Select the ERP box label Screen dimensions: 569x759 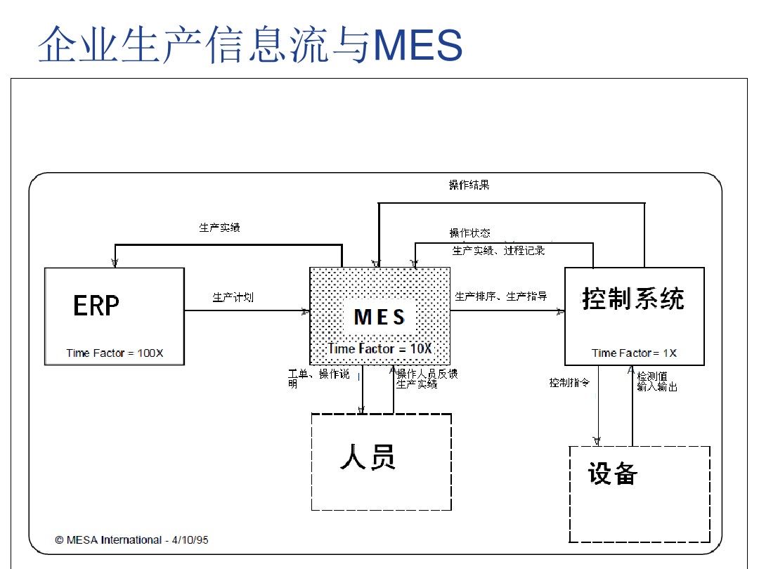tap(96, 306)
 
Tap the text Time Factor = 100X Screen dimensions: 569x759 tap(115, 353)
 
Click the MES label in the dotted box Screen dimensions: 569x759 tap(379, 317)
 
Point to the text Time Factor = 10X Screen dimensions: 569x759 tap(379, 348)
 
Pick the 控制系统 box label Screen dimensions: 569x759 tap(633, 299)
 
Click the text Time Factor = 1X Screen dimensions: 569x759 tap(634, 353)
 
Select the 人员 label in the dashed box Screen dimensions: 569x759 tap(368, 457)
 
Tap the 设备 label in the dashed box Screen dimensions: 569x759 tap(613, 473)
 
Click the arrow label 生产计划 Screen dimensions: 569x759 tap(233, 298)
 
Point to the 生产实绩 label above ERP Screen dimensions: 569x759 tap(220, 228)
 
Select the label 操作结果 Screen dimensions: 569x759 tap(469, 185)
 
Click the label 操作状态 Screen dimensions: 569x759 tap(470, 233)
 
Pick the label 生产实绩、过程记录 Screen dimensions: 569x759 tap(498, 250)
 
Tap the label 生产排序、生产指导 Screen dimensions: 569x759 tap(501, 296)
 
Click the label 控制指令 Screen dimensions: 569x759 tap(569, 383)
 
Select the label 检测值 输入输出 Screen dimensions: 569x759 tap(657, 381)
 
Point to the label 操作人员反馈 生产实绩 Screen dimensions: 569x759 tap(427, 379)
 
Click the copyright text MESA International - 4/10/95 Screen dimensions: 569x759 tap(132, 539)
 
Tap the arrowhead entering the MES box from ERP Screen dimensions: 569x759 tap(306, 310)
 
